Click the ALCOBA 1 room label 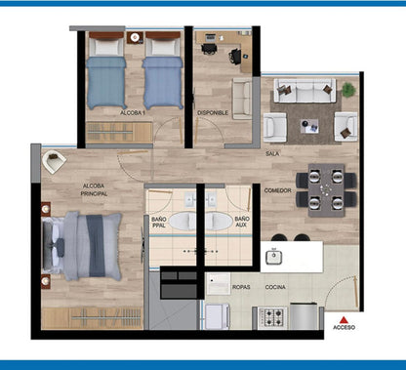point(133,113)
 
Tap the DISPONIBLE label point(213,113)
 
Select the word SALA point(272,153)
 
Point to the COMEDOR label point(277,190)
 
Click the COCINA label point(275,287)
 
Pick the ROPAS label point(241,287)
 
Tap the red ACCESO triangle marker point(344,320)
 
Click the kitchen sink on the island point(273,257)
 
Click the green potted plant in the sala point(348,90)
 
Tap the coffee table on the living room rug point(309,126)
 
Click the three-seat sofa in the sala point(304,90)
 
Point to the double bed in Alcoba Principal point(82,246)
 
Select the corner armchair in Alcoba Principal point(54,162)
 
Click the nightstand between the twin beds point(135,38)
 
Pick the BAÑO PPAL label point(159,223)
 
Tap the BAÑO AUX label point(242,222)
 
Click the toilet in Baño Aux point(218,221)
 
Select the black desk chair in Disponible point(235,56)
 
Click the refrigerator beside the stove point(304,315)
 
